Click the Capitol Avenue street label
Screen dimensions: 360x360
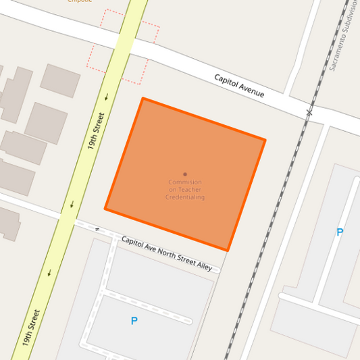tap(239, 86)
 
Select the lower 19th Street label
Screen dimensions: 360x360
tap(31, 328)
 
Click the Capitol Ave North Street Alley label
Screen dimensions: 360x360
tap(167, 253)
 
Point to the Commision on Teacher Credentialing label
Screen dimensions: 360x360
tap(185, 190)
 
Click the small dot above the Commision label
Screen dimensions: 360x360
tap(185, 174)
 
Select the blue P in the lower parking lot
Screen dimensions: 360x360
tap(134, 321)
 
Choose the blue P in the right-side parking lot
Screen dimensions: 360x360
tap(340, 232)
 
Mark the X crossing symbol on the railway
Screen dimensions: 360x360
tap(309, 112)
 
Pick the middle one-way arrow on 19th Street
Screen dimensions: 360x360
tap(72, 204)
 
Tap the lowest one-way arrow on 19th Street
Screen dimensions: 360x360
tap(49, 273)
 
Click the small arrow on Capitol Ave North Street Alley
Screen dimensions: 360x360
tap(97, 230)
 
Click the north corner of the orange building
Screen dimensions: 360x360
tap(143, 99)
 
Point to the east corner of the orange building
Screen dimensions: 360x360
tap(265, 140)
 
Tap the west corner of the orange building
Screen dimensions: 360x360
tap(105, 209)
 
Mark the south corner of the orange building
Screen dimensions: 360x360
tap(228, 251)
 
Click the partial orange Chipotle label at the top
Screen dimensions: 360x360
tap(79, 1)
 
